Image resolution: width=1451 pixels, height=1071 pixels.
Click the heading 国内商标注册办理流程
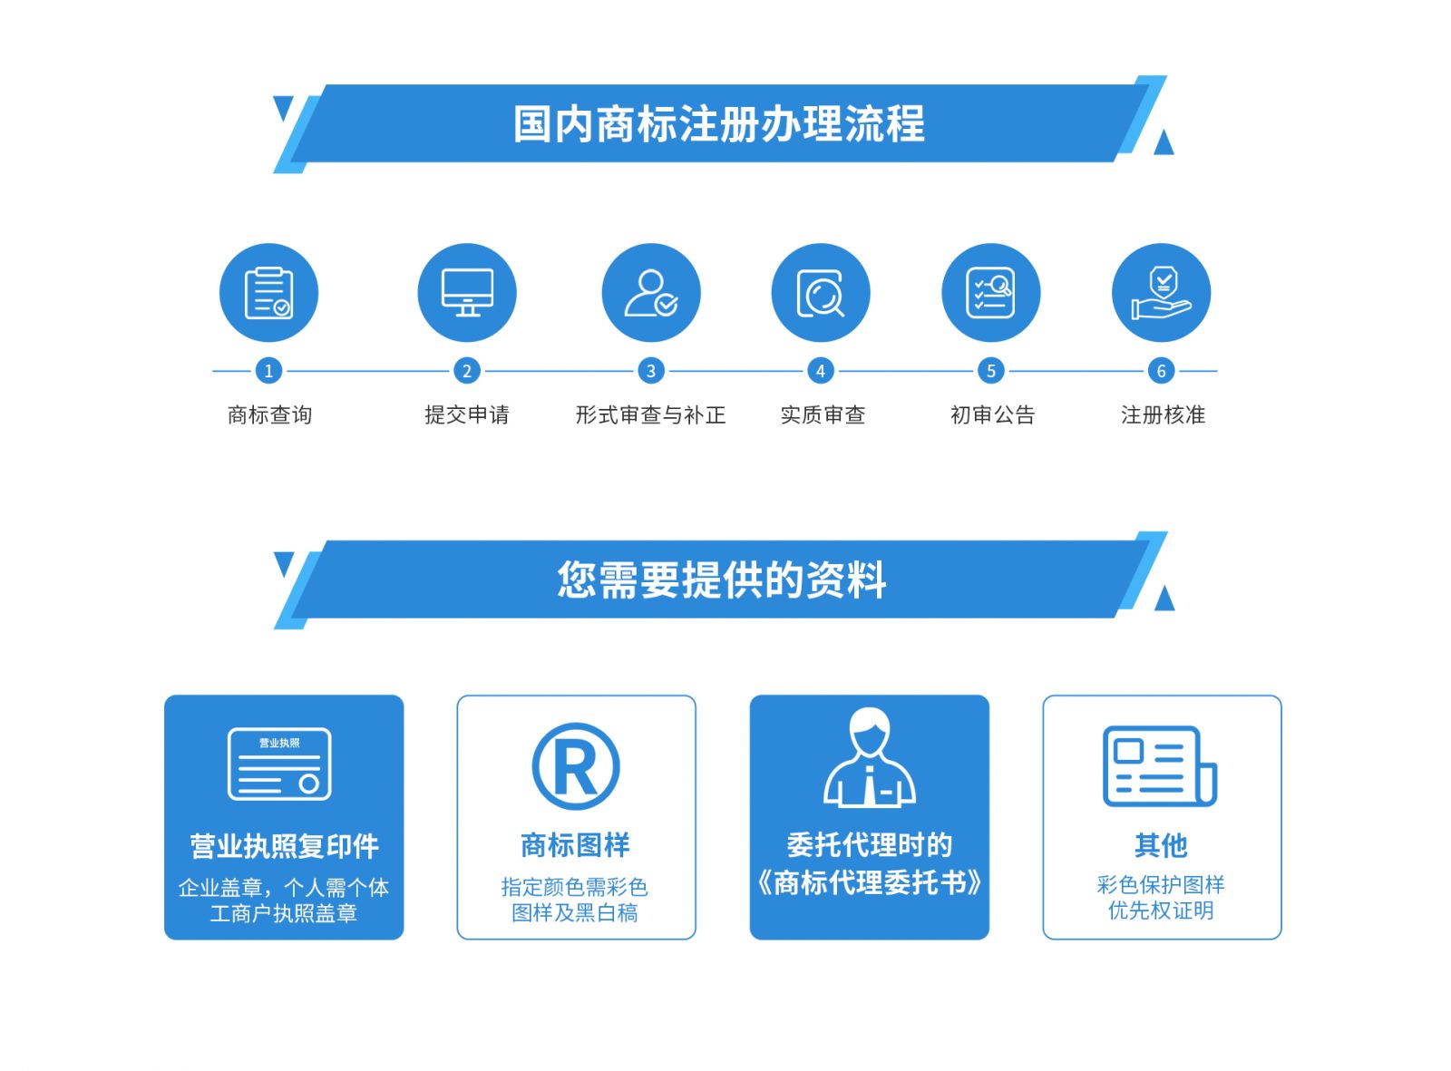(718, 124)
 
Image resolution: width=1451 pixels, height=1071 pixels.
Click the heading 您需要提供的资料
(721, 579)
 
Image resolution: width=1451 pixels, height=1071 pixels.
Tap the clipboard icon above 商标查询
(268, 293)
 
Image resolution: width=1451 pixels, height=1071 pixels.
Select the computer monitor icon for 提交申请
(467, 293)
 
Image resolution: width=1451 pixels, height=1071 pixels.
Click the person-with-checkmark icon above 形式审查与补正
(651, 293)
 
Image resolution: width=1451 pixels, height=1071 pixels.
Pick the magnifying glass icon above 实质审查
(821, 293)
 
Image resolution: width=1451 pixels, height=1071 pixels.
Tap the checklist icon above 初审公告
(990, 293)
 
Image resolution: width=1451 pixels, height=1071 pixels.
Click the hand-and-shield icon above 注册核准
(1161, 293)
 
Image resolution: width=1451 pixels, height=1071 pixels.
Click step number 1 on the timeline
(268, 371)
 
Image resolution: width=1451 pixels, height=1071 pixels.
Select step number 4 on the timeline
(821, 371)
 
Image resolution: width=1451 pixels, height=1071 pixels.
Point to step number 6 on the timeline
(1161, 371)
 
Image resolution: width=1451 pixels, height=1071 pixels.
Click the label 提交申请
(467, 415)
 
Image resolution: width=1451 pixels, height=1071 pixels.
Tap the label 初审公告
(992, 415)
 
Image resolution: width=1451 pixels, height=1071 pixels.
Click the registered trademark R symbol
(576, 767)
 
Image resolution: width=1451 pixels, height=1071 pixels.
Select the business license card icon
(279, 764)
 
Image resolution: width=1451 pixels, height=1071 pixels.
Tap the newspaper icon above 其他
(1159, 766)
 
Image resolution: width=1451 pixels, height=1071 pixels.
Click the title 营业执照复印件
(284, 846)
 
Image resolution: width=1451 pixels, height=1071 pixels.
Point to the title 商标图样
(575, 845)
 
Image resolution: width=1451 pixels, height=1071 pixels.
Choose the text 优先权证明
(1161, 910)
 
